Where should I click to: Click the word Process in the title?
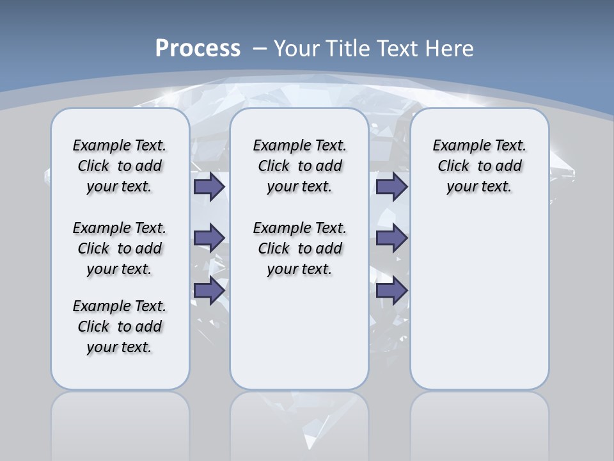pyautogui.click(x=198, y=48)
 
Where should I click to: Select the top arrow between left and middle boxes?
pyautogui.click(x=209, y=186)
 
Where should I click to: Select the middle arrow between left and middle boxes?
pyautogui.click(x=209, y=238)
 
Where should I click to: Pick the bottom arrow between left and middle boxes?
pyautogui.click(x=209, y=290)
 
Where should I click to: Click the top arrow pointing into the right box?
pyautogui.click(x=391, y=186)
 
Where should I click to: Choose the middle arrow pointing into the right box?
pyautogui.click(x=391, y=238)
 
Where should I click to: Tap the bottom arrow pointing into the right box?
pyautogui.click(x=391, y=290)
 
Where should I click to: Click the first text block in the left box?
pyautogui.click(x=120, y=166)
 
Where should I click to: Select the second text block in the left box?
pyautogui.click(x=120, y=248)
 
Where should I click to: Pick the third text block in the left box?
pyautogui.click(x=120, y=327)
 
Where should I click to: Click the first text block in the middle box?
pyautogui.click(x=299, y=166)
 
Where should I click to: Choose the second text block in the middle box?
pyautogui.click(x=299, y=248)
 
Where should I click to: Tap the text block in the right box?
pyautogui.click(x=479, y=166)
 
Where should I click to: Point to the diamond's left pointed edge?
pyautogui.click(x=45, y=171)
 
